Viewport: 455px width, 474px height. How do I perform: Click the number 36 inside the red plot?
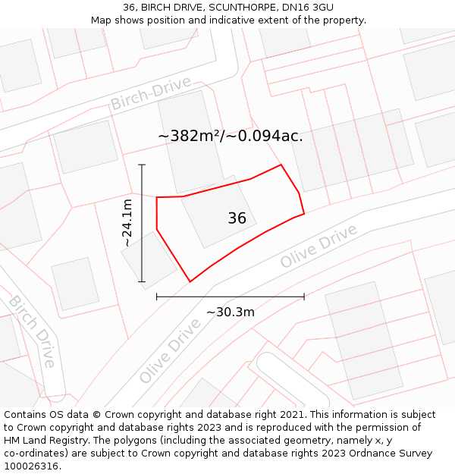(237, 218)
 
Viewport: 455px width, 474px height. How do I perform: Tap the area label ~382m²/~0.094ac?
(230, 137)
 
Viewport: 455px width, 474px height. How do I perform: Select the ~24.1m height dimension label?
(127, 223)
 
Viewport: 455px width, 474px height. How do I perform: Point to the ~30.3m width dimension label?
(230, 312)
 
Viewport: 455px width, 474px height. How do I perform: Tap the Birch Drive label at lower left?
(33, 331)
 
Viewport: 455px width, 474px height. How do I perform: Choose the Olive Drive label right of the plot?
(318, 246)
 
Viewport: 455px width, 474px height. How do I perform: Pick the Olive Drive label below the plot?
(170, 350)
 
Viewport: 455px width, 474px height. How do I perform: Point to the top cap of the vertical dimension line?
(142, 165)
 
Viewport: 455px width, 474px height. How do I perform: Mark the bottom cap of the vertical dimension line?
(142, 282)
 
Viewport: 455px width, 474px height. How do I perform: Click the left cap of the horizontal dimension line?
(157, 297)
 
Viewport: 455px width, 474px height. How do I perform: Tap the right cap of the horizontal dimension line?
(304, 297)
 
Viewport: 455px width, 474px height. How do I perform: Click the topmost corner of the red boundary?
(281, 165)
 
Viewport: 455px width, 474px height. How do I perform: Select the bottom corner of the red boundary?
(190, 282)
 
